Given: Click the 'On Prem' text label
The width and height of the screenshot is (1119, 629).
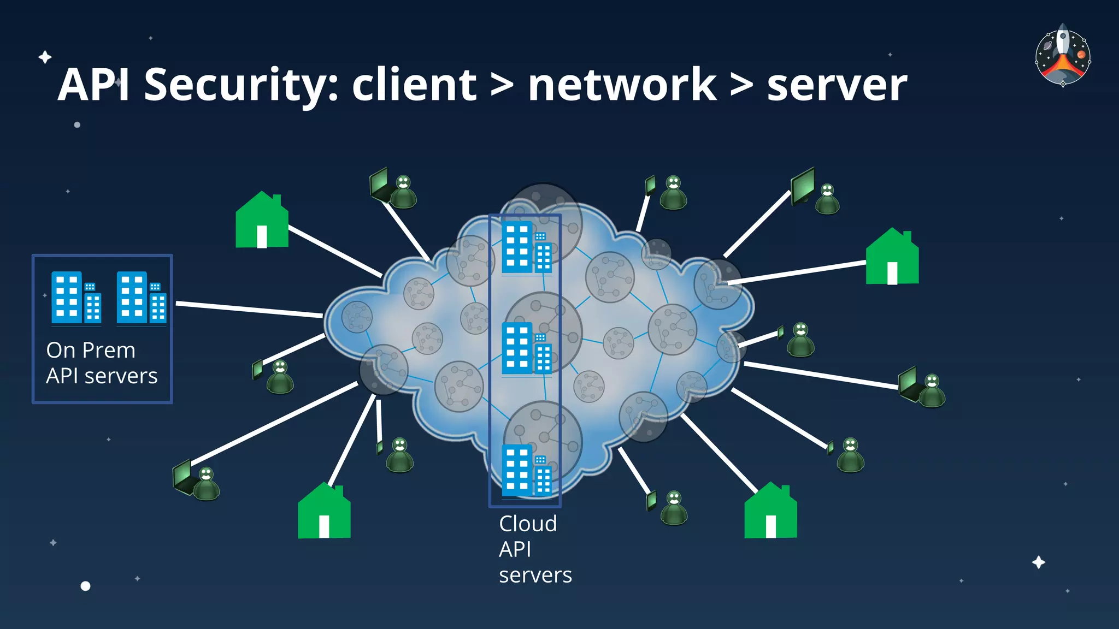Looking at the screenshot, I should point(91,350).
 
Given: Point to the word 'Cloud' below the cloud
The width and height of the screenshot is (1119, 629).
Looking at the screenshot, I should point(528,524).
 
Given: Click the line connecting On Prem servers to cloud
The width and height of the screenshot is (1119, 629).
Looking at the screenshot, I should point(249,309).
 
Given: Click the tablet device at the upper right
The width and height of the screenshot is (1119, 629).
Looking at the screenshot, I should point(803,186).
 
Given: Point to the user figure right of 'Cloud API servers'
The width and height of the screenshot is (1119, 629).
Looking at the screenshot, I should point(674,508).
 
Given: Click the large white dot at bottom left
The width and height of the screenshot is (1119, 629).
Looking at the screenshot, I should point(85,586).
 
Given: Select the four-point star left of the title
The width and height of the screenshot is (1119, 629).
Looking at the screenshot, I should point(45,57).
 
